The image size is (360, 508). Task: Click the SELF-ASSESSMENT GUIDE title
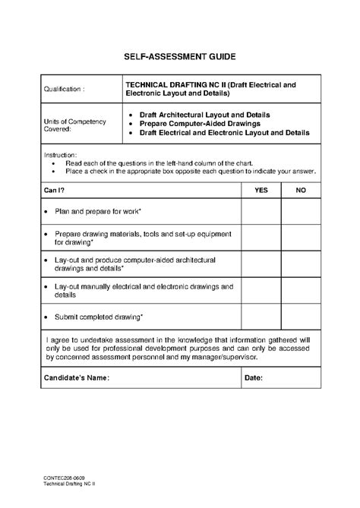pos(180,56)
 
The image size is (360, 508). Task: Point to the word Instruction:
pos(60,154)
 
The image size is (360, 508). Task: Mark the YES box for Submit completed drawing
pos(261,315)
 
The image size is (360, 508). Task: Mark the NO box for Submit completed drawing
pos(301,315)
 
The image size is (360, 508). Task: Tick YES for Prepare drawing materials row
pos(261,238)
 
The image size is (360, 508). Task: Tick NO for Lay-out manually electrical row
pos(301,291)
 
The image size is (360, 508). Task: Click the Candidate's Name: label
pos(77,377)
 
